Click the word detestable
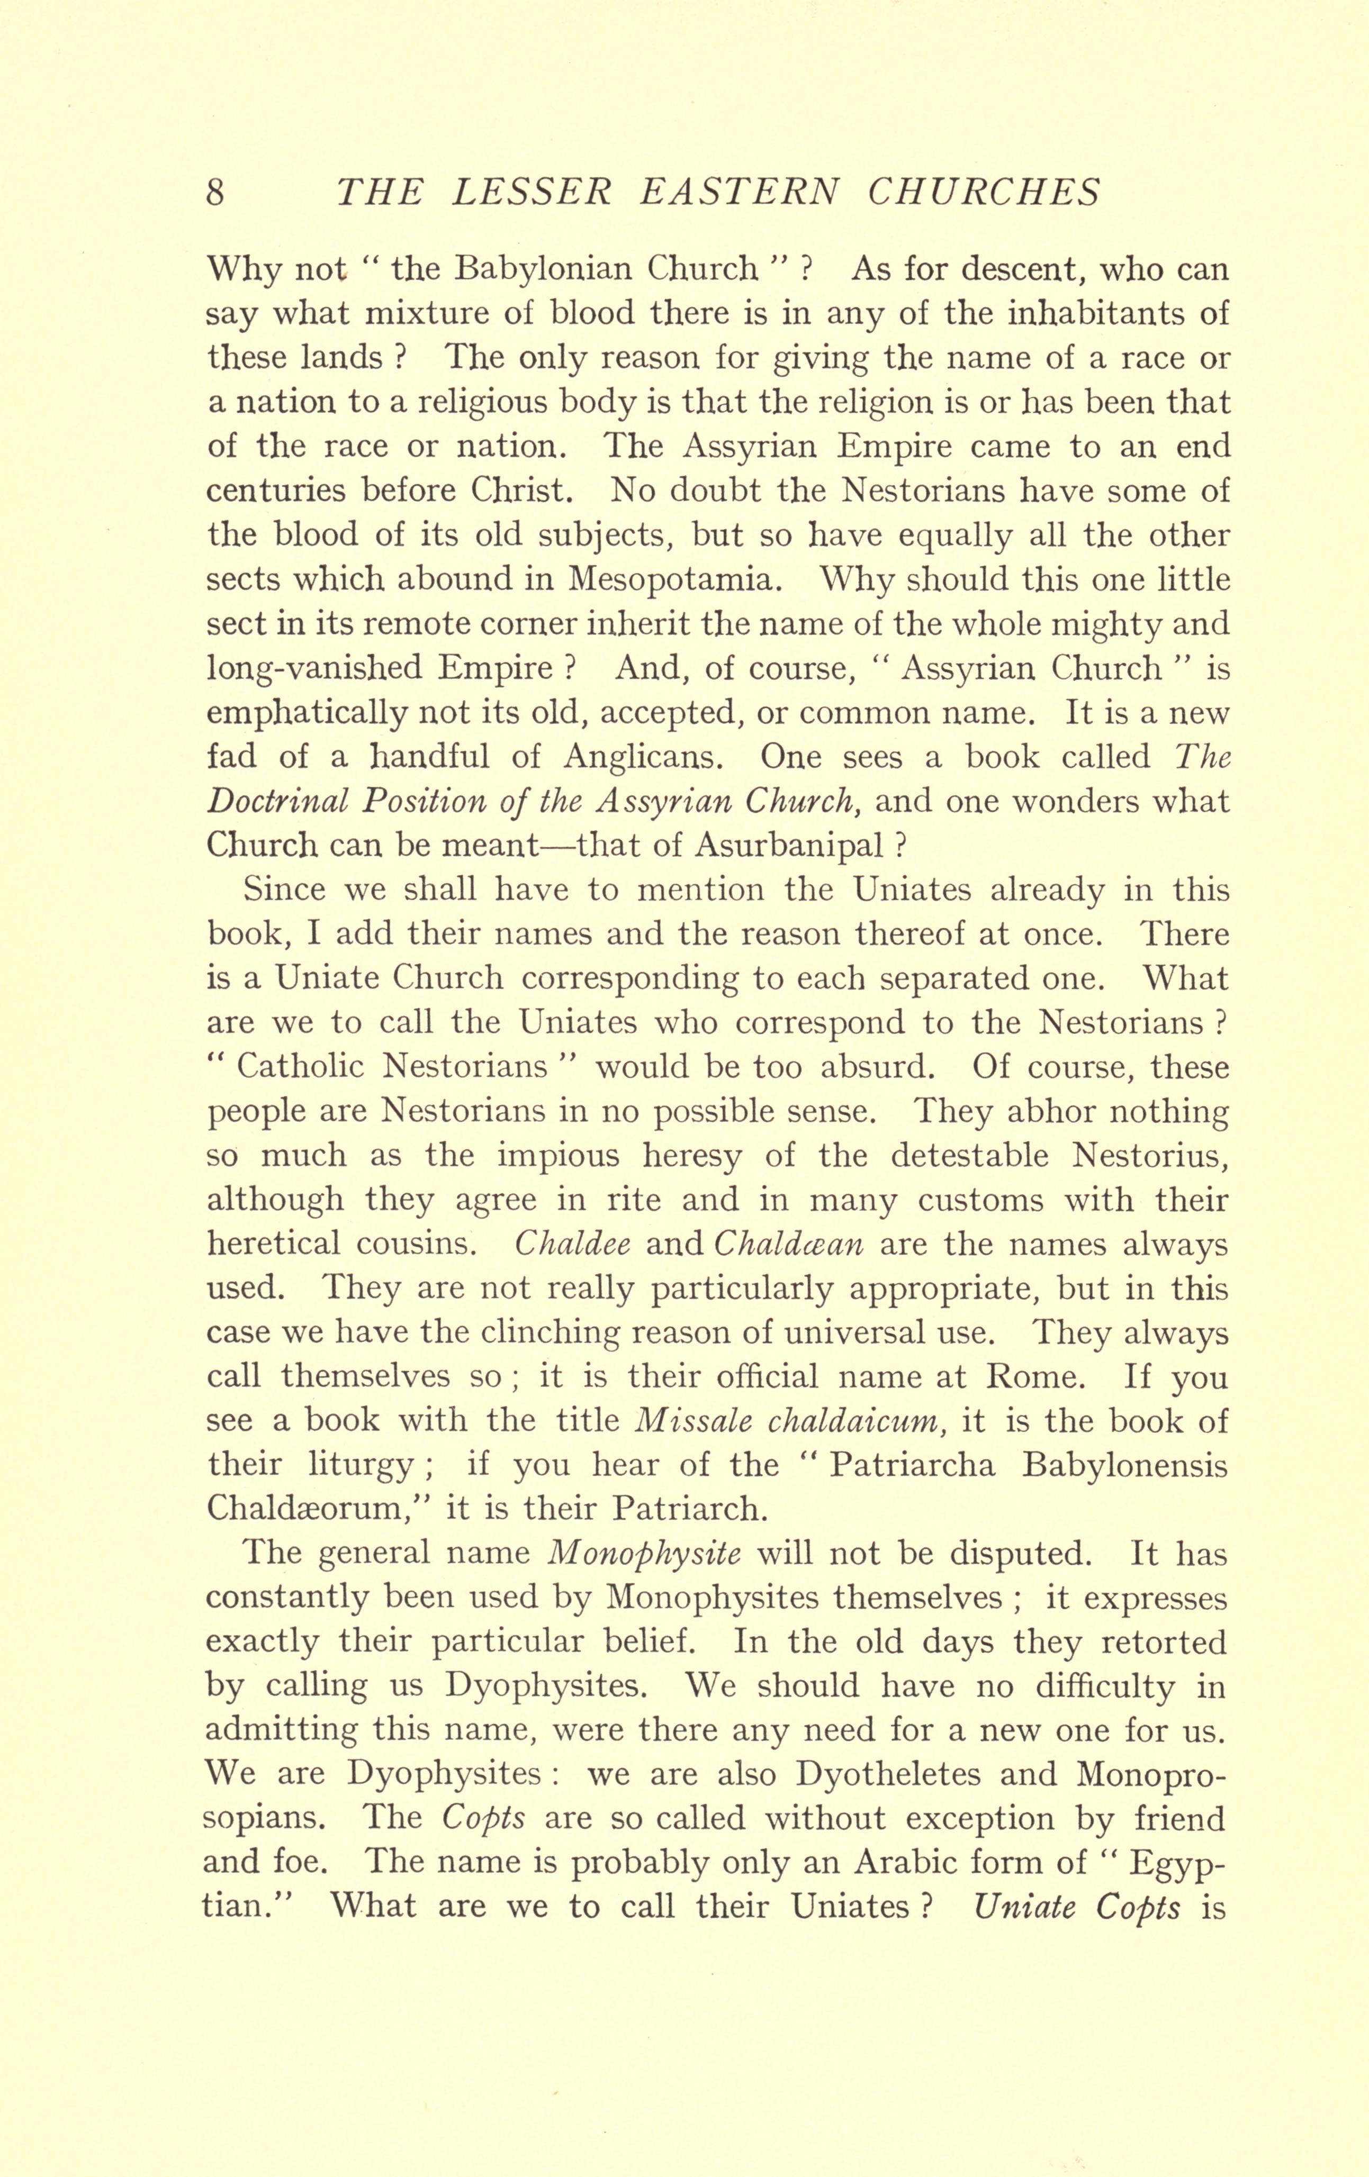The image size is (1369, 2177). (x=965, y=1156)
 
